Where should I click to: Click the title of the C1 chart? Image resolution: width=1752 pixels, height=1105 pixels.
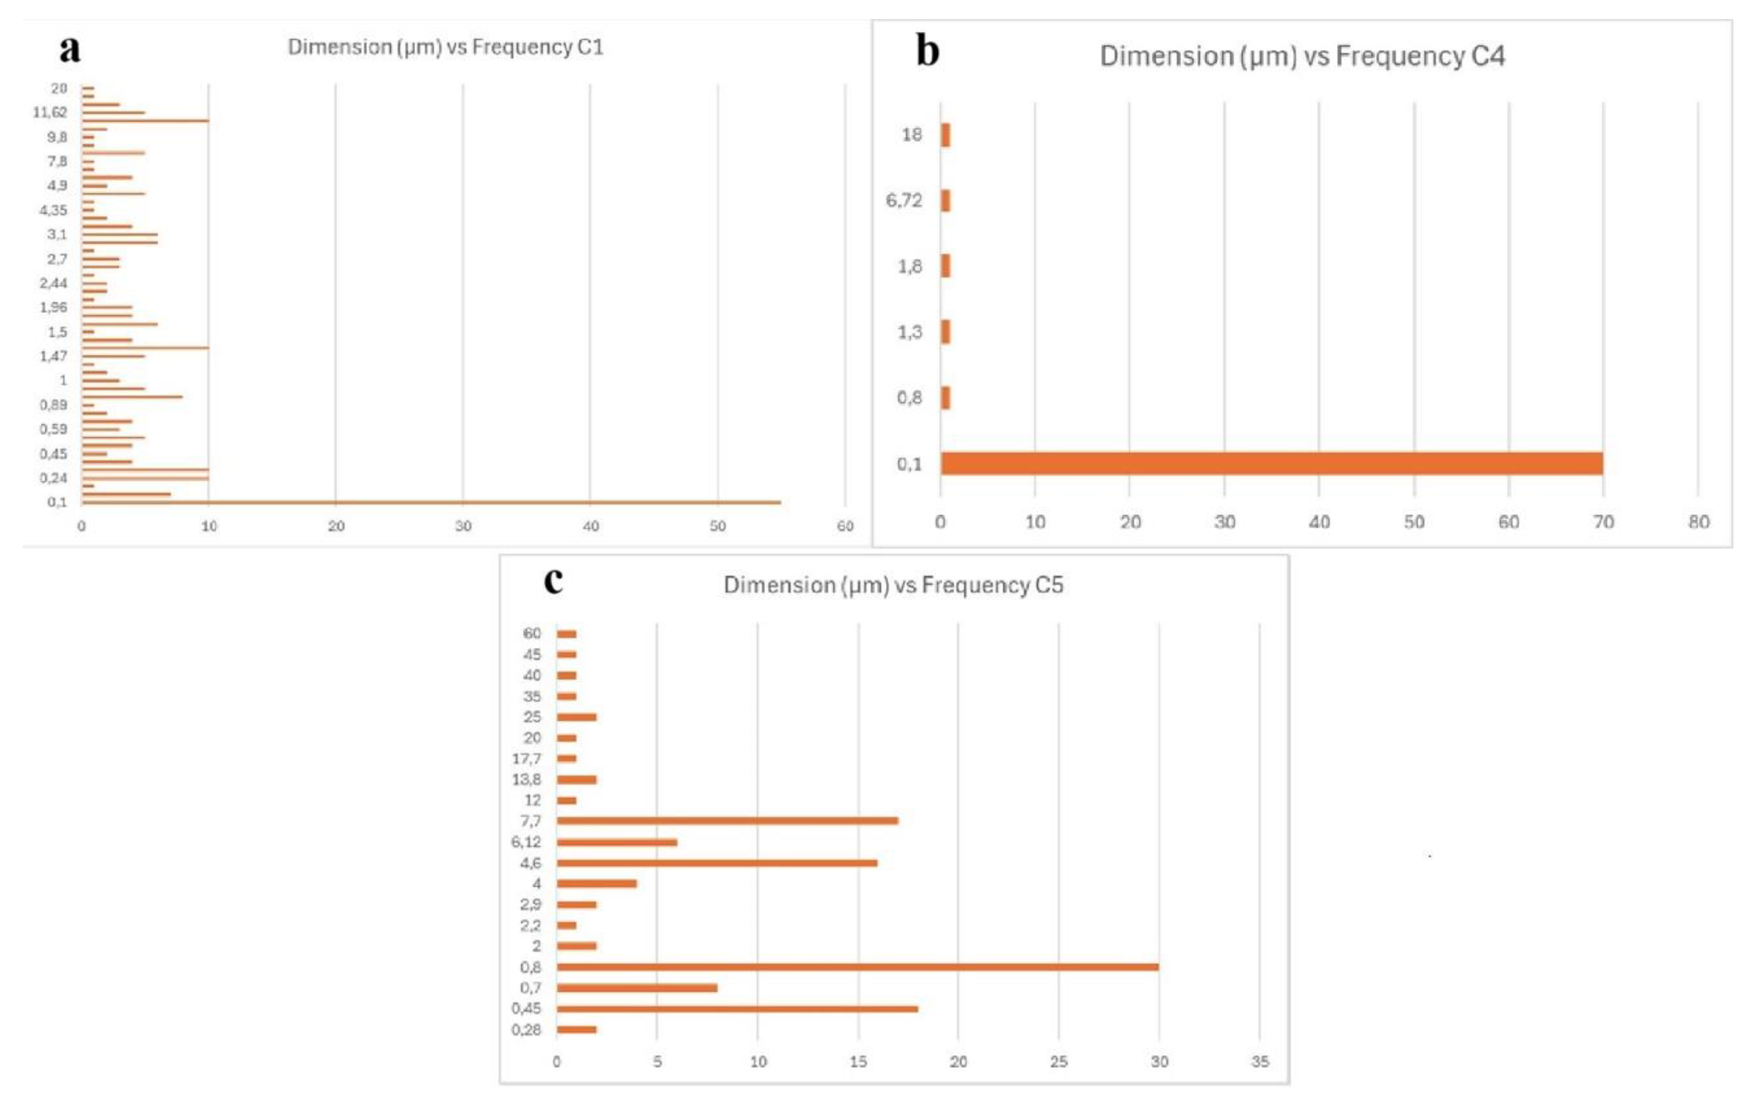point(445,47)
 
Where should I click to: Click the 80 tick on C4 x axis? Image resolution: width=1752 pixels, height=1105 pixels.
point(1698,522)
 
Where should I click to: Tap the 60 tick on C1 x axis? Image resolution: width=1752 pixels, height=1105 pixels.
point(845,526)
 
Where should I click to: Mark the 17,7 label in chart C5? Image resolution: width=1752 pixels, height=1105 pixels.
point(526,759)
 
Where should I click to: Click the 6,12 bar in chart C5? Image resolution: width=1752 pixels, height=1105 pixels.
point(617,842)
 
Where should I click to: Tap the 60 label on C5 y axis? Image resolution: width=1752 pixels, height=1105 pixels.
point(532,633)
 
